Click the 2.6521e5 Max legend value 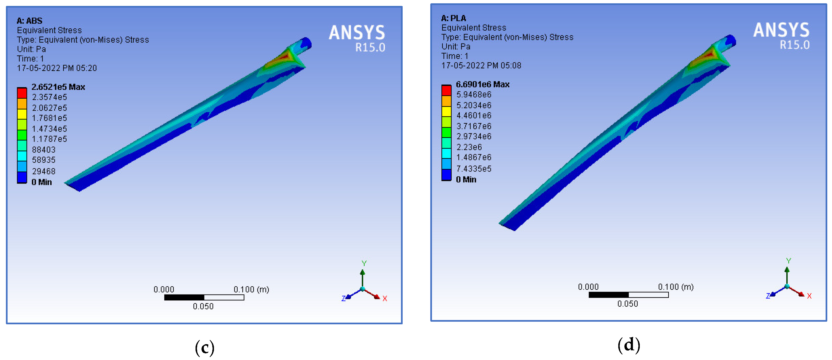(58, 87)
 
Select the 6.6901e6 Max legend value (483, 84)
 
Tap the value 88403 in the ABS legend (44, 150)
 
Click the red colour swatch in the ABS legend (22, 93)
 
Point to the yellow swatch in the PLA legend (446, 111)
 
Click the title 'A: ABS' (29, 21)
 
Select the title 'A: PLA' (453, 18)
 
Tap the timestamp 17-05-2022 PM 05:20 (57, 68)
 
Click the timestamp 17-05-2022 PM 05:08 (481, 66)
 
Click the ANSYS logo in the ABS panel (357, 33)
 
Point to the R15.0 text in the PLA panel (795, 45)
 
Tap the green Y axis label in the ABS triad (364, 263)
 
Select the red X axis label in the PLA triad (809, 296)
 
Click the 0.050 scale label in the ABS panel (203, 306)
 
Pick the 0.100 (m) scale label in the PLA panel (676, 287)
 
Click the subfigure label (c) (205, 348)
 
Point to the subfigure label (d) (628, 345)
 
